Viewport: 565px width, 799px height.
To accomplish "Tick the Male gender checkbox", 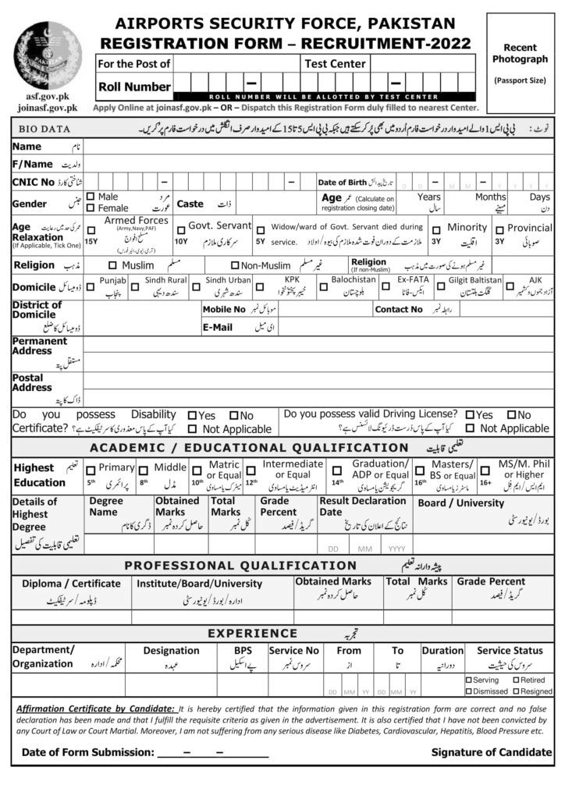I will [x=91, y=197].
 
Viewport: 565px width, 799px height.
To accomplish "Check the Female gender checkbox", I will [x=91, y=208].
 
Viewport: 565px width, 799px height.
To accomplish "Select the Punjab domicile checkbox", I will [x=91, y=287].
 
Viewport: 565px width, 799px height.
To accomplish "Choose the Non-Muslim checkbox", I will [x=234, y=265].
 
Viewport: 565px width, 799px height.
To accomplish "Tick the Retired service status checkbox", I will [x=516, y=680].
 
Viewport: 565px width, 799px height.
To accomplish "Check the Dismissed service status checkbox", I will [x=467, y=691].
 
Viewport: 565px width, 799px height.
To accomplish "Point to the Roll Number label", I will [x=134, y=87].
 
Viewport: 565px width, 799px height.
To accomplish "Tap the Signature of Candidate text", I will [x=491, y=752].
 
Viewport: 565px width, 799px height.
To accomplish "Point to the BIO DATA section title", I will [x=41, y=129].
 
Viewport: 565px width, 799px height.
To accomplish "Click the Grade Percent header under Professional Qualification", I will [x=491, y=581].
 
